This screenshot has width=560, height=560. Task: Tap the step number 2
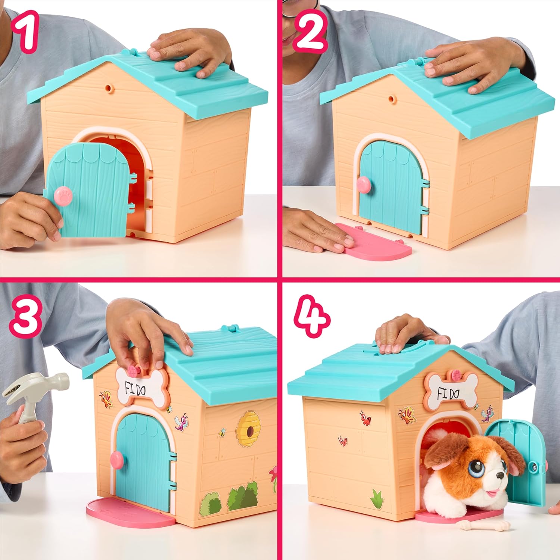(x=310, y=32)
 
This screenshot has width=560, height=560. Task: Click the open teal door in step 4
(x=523, y=463)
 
